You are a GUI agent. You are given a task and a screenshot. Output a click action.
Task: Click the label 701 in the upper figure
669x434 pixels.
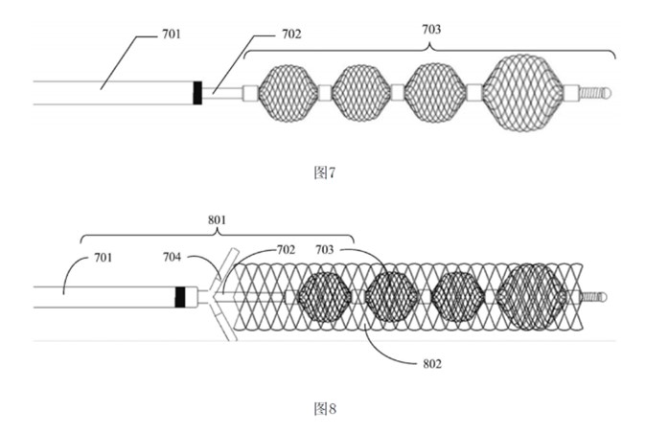172,34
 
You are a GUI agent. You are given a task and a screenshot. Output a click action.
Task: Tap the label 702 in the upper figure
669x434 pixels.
291,34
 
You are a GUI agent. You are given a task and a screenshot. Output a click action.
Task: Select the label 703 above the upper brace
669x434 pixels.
431,30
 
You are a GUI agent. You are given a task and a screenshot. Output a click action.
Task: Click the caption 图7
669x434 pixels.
325,172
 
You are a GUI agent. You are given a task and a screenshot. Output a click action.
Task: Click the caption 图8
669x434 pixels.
325,408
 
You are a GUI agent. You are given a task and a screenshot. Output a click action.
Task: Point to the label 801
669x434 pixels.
218,220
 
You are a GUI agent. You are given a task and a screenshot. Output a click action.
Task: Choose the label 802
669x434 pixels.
432,364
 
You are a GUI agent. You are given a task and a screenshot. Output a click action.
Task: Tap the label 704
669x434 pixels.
172,257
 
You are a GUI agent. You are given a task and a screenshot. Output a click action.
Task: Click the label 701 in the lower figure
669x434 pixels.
104,258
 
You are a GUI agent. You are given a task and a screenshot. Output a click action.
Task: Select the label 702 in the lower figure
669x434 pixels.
286,249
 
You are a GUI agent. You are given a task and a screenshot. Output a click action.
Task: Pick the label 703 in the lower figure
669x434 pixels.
324,249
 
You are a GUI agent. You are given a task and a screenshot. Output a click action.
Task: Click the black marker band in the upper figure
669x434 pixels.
197,93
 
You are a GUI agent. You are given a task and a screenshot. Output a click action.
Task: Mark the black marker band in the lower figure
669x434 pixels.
180,297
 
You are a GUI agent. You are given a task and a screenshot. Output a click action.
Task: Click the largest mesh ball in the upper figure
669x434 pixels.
523,92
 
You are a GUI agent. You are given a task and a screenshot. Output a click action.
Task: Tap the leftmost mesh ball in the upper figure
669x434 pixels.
288,93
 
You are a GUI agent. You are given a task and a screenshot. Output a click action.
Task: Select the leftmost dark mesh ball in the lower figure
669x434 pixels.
325,297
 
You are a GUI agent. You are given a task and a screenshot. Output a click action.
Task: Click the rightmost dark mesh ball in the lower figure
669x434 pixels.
533,297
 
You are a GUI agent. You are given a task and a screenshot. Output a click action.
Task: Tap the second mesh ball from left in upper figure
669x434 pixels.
361,93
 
